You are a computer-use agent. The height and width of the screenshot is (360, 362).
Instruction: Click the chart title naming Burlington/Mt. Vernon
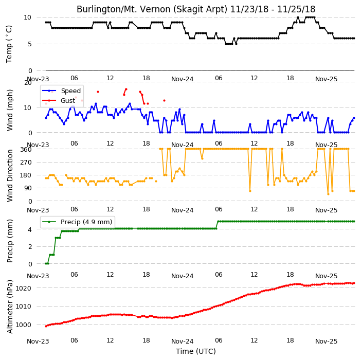click(196, 9)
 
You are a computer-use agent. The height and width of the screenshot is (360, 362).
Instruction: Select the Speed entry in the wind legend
click(62, 91)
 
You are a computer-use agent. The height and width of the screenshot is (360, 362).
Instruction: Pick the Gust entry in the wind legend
click(59, 100)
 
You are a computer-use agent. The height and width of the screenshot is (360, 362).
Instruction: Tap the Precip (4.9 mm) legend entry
click(77, 222)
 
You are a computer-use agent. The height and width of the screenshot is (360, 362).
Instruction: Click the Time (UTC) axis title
click(196, 351)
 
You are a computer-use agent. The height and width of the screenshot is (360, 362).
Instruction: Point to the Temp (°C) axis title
click(9, 44)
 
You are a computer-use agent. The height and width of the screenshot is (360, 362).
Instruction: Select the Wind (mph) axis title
click(9, 110)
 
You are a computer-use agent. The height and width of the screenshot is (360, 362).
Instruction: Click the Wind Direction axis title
click(9, 175)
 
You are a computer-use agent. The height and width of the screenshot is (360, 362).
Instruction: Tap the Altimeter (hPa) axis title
click(9, 307)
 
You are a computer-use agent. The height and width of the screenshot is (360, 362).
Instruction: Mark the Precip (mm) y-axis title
click(9, 241)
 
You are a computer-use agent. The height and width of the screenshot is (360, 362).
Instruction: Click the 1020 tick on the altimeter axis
click(24, 288)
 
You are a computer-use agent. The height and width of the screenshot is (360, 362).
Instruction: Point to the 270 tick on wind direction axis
click(26, 163)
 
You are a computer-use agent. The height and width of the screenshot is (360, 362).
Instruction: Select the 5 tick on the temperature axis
click(30, 44)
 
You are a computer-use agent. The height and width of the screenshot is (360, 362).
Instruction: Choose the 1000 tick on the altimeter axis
click(24, 325)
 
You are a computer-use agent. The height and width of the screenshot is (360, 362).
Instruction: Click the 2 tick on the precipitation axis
click(30, 247)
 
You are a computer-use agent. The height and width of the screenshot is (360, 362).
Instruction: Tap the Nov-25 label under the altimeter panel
click(326, 341)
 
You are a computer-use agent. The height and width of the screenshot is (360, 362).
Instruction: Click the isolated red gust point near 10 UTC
click(98, 92)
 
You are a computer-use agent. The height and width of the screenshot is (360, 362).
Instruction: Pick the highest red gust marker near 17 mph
click(126, 89)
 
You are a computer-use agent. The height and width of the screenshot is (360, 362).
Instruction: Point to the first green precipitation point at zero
click(46, 263)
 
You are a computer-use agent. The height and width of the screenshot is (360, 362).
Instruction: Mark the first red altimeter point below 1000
click(46, 326)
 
